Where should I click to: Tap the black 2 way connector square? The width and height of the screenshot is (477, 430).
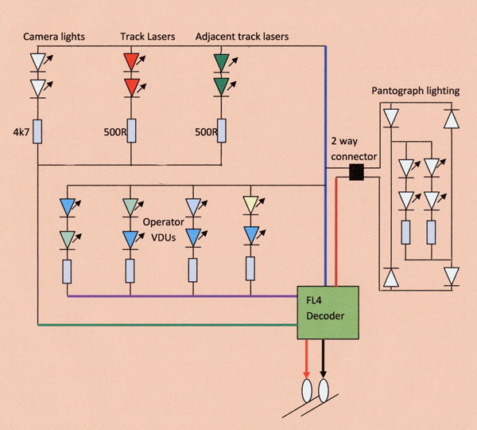pos(357,173)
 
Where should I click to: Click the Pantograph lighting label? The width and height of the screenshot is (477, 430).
pos(415,92)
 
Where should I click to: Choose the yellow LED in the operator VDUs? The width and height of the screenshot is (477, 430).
pos(253,206)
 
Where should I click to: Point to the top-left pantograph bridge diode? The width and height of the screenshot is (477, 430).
pos(390,118)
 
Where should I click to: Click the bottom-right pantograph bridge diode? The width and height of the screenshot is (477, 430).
pos(452,276)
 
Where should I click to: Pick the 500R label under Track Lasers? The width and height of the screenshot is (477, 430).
pos(118,132)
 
